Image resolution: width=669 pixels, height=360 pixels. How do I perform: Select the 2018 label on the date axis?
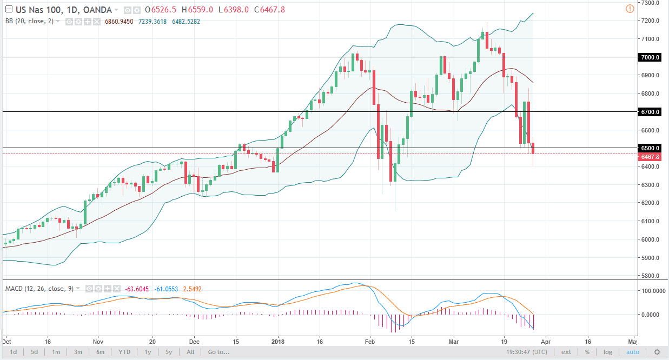coord(278,342)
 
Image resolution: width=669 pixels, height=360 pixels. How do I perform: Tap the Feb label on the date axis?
coord(370,342)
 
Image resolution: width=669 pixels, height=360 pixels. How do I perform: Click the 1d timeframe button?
coord(13,352)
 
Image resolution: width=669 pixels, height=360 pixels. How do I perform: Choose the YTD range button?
coord(125,352)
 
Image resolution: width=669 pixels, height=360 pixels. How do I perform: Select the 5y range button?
coord(169,352)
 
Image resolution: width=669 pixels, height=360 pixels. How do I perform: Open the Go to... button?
coord(218,352)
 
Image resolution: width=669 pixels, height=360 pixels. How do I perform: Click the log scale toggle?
coord(608,352)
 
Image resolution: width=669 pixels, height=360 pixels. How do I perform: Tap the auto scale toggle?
coord(632,352)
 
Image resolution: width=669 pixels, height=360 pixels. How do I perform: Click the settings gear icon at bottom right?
coord(657,352)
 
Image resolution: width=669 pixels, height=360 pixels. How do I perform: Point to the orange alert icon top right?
coord(630,9)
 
